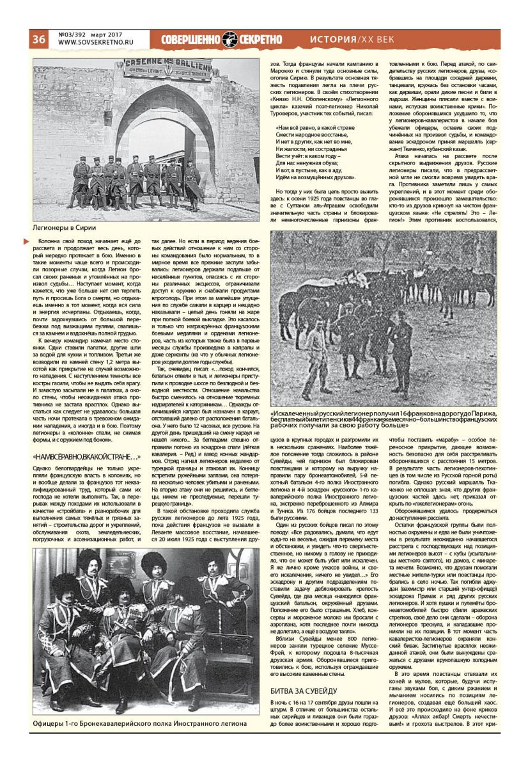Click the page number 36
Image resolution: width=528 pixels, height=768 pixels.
38,39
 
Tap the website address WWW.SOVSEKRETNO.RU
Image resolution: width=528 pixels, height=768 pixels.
90,43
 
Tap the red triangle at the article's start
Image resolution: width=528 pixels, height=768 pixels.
26,241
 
